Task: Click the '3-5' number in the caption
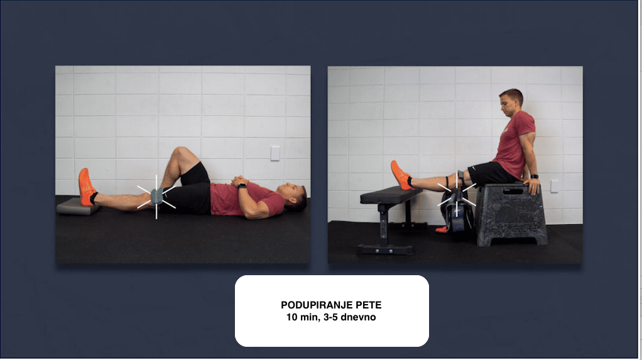coord(330,317)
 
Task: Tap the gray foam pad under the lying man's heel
coord(78,206)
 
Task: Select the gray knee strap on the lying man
coord(157,196)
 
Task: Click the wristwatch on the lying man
coord(242,186)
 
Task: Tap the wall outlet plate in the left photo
coord(275,153)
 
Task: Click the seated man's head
coord(510,102)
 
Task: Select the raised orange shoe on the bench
coord(400,175)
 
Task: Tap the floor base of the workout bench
coord(385,249)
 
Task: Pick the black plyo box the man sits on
coord(511,214)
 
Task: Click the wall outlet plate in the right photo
coord(554,186)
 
